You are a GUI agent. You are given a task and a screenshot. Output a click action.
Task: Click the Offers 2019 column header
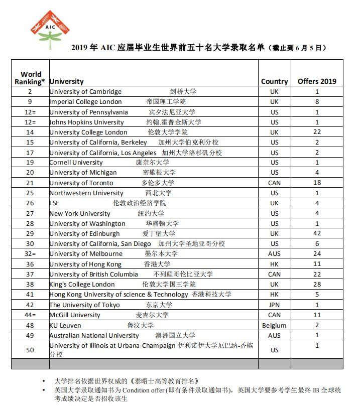317,81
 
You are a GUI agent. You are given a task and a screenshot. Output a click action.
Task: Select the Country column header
274,81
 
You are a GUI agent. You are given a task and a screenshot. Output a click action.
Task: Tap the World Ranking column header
31,78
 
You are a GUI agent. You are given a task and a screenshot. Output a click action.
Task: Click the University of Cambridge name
85,92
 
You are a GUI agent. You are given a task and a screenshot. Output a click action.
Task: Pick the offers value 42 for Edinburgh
317,234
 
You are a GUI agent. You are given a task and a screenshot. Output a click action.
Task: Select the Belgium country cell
274,325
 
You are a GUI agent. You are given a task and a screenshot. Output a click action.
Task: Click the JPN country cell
274,305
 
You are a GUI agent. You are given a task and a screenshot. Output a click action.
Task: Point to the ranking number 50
30,350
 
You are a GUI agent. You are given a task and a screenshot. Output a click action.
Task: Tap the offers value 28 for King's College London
317,285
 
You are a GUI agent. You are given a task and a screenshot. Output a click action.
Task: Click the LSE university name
55,203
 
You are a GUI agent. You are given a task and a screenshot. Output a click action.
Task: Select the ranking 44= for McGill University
30,315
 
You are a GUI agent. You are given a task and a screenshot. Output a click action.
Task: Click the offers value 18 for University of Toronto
317,183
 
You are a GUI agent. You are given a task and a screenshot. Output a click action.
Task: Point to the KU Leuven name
65,325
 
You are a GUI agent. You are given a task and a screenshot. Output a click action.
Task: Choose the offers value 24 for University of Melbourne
317,254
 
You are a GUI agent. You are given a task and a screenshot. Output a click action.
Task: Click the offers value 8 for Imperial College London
317,102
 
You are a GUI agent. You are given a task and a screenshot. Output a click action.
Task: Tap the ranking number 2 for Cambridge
30,92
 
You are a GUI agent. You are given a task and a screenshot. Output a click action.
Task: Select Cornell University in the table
76,163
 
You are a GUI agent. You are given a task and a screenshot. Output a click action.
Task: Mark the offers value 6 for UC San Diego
317,244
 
